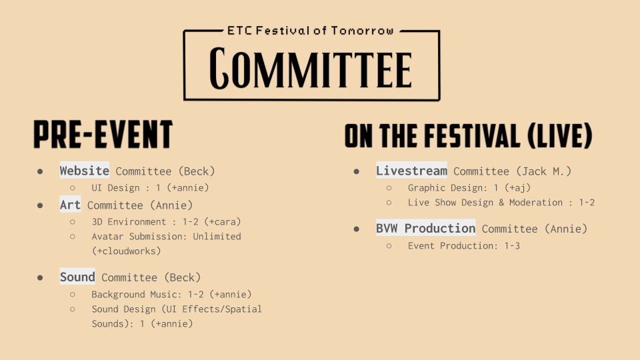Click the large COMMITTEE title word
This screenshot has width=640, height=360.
pos(311,68)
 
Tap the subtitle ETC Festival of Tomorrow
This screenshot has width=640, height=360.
pos(311,31)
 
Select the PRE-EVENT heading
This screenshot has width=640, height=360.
pos(103,134)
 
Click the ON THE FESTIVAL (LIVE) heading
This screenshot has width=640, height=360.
pos(468,135)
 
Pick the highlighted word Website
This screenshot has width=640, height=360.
pos(85,171)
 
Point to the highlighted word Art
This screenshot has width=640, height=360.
pos(70,205)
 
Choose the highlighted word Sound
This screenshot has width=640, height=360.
pos(77,277)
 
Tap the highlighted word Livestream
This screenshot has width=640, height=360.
pos(411,171)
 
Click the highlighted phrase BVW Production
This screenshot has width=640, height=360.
pos(426,228)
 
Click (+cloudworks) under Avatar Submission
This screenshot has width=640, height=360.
pos(127,251)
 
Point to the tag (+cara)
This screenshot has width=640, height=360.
pos(223,221)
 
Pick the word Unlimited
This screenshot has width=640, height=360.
pos(217,236)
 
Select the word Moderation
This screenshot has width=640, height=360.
pos(536,203)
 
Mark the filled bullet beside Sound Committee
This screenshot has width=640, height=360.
pos(40,278)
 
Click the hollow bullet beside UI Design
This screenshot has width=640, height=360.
pos(73,188)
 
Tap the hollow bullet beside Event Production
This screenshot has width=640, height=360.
pos(389,246)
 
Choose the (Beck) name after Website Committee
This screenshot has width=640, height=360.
pos(197,171)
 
